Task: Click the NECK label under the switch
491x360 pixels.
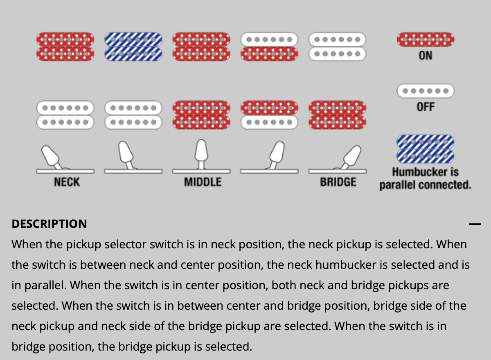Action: pos(67,182)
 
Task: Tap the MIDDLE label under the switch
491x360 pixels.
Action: pos(203,182)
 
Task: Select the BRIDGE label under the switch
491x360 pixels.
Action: pos(338,182)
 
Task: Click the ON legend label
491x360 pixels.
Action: pos(426,56)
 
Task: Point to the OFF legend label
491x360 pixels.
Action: pos(426,107)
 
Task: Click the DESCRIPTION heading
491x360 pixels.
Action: pos(50,224)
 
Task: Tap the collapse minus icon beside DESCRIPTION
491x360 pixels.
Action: pos(475,224)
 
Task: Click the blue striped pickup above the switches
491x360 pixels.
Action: pos(133,47)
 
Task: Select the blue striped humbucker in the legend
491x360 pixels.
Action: pos(425,149)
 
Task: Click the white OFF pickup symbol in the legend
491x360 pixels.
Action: pos(426,91)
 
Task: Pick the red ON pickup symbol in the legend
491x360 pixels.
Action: pos(426,40)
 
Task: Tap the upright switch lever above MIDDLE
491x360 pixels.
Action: pos(201,154)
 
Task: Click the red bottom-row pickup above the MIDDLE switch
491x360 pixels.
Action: pos(201,115)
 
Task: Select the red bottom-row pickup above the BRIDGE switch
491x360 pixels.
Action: pos(337,115)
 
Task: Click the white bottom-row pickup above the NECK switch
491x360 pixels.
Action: pos(65,115)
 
